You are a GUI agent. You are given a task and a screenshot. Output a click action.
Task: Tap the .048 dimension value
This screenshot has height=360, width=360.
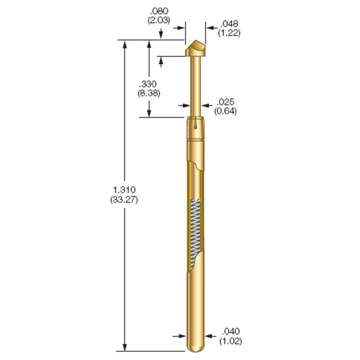pyautogui.click(x=229, y=23)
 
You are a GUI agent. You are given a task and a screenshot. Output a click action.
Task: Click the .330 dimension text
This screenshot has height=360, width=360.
pyautogui.click(x=149, y=84)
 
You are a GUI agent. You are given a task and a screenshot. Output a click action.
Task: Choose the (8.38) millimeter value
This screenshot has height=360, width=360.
pyautogui.click(x=149, y=93)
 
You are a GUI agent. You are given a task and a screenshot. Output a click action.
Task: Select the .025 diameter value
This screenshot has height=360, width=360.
pyautogui.click(x=225, y=102)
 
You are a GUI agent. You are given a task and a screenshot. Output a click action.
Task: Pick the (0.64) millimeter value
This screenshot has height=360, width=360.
pyautogui.click(x=225, y=111)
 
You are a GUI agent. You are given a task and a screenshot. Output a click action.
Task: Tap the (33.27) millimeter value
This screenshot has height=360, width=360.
pyautogui.click(x=124, y=200)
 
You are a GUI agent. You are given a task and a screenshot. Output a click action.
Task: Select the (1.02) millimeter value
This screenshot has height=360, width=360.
pyautogui.click(x=231, y=341)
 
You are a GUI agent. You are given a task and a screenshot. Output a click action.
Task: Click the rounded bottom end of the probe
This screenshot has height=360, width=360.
pyautogui.click(x=195, y=348)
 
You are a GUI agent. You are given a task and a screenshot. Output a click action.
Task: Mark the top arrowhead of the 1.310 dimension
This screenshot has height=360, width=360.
pyautogui.click(x=125, y=44)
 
